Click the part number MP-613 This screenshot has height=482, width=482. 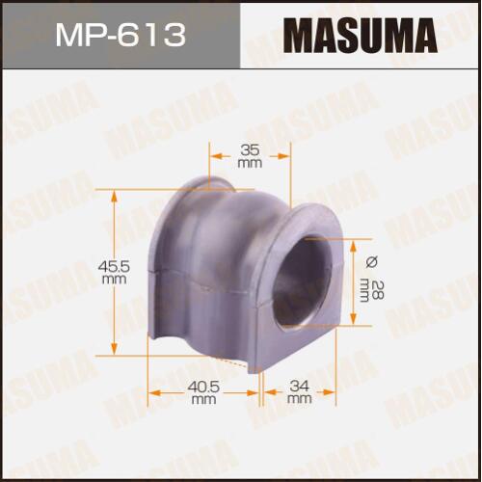click(x=120, y=35)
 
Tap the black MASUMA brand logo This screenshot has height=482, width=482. click(x=361, y=36)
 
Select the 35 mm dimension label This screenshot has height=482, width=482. click(x=250, y=156)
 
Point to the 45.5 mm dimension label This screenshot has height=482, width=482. click(x=114, y=272)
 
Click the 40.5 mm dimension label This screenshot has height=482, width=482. click(x=203, y=392)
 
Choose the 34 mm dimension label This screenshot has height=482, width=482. click(x=299, y=392)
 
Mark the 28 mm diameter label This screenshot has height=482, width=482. click(x=371, y=291)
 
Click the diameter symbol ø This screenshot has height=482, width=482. click(x=372, y=262)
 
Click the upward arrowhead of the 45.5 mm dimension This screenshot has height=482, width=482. click(x=114, y=196)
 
